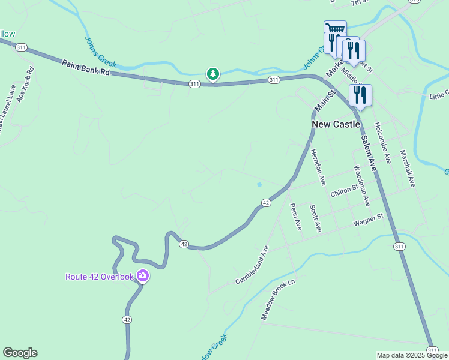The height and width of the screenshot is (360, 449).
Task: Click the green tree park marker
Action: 212,74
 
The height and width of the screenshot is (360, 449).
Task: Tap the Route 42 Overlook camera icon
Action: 143,276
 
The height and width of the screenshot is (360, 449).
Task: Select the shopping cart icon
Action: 334,29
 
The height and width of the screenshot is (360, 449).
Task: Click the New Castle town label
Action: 336,124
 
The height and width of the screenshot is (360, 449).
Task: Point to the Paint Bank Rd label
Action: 86,67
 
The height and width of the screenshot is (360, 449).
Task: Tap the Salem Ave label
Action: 368,154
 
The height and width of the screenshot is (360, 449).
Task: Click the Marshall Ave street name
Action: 408,169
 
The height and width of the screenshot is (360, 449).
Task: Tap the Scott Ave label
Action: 316,218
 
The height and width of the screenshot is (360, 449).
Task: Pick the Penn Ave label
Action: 296,217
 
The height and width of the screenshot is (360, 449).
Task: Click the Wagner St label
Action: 369,220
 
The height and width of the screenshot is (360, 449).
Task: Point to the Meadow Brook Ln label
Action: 279,298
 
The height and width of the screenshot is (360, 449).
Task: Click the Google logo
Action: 20,353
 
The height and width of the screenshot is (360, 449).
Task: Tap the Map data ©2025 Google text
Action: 412,355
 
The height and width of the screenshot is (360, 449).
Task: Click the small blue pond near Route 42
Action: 259,185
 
